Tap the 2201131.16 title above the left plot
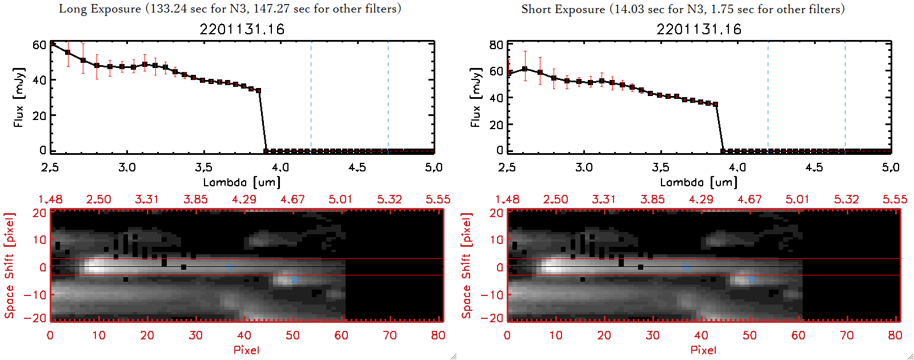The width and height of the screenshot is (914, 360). click(x=242, y=29)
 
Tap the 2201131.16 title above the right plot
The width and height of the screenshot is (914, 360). click(x=699, y=29)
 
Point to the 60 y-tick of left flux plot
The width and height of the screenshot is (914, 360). click(x=39, y=45)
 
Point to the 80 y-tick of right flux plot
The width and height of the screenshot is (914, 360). click(x=496, y=45)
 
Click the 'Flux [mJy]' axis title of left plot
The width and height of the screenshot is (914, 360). click(x=19, y=97)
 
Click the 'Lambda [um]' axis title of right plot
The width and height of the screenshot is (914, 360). click(x=699, y=182)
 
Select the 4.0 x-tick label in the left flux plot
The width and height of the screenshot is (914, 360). click(x=280, y=167)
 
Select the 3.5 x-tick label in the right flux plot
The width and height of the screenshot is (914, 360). click(x=660, y=167)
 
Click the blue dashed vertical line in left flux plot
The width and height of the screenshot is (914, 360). click(x=311, y=97)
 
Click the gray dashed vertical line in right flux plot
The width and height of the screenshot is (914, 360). click(x=845, y=97)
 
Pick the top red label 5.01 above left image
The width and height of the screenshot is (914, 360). click(x=340, y=199)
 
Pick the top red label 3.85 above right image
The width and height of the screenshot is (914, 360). click(x=652, y=199)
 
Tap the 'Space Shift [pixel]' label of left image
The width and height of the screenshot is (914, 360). click(x=10, y=266)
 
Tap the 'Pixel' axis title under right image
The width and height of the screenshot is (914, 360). click(x=703, y=350)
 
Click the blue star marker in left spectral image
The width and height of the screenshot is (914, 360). click(x=294, y=279)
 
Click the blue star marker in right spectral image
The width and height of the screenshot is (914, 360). click(x=751, y=279)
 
